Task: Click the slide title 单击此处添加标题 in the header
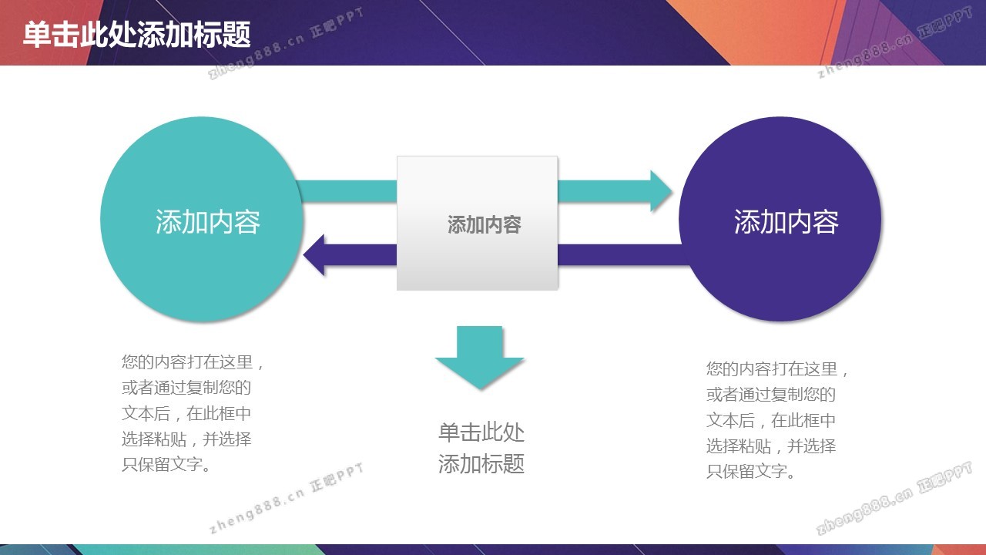[x=137, y=35]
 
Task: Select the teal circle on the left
[x=202, y=219]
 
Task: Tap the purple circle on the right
[x=780, y=219]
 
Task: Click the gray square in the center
[x=477, y=223]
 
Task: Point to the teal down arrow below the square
[x=479, y=357]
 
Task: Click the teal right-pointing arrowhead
[x=661, y=191]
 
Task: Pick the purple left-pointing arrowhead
[x=314, y=255]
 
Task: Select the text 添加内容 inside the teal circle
[x=208, y=221]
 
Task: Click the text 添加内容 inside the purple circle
[x=786, y=221]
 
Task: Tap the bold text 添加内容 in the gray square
[x=485, y=224]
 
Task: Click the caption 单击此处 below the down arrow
[x=481, y=432]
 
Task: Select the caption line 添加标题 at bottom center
[x=481, y=463]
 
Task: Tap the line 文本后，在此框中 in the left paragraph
[x=186, y=413]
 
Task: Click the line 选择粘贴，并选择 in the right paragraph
[x=771, y=446]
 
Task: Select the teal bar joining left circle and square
[x=347, y=191]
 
